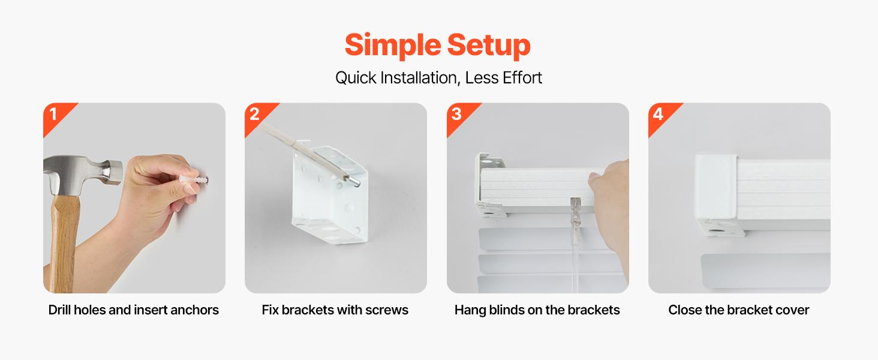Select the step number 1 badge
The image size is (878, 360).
click(x=53, y=114)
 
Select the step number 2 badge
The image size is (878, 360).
click(x=255, y=114)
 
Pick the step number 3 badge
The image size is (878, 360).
click(x=457, y=114)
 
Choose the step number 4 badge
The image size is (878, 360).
click(x=659, y=114)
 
